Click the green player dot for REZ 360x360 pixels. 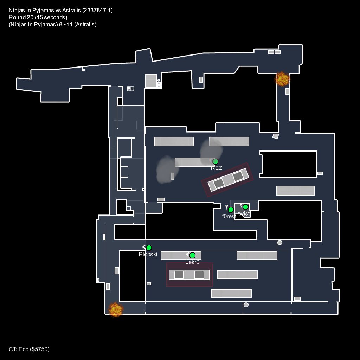pyautogui.click(x=215, y=162)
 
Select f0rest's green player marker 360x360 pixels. pyautogui.click(x=231, y=210)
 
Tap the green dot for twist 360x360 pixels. pyautogui.click(x=245, y=207)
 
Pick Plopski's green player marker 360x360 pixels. pyautogui.click(x=149, y=247)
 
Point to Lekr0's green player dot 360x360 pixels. pyautogui.click(x=192, y=255)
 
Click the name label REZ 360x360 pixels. pyautogui.click(x=217, y=168)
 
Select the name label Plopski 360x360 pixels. pyautogui.click(x=148, y=255)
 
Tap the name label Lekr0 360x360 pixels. pyautogui.click(x=192, y=262)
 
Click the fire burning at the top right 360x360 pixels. pyautogui.click(x=282, y=79)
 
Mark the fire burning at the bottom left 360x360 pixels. pyautogui.click(x=115, y=309)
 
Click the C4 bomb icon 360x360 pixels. pyautogui.click(x=130, y=89)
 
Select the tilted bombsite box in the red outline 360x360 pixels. pyautogui.click(x=228, y=180)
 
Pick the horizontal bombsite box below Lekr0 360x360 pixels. pyautogui.click(x=189, y=275)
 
